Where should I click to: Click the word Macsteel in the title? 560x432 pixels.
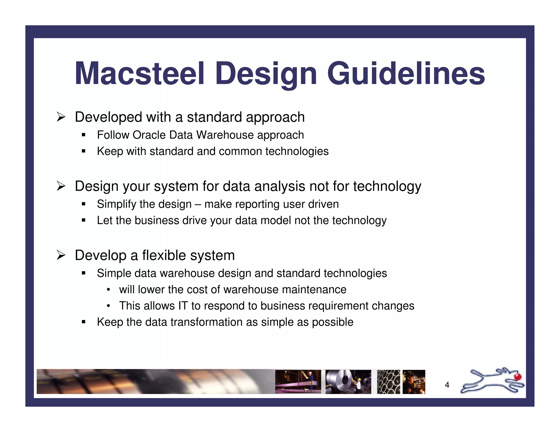pyautogui.click(x=139, y=74)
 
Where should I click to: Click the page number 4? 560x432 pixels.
pyautogui.click(x=447, y=385)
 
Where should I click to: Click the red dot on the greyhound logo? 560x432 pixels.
pyautogui.click(x=518, y=377)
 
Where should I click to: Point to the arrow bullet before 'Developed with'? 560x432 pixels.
pyautogui.click(x=61, y=117)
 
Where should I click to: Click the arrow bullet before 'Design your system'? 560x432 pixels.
pyautogui.click(x=61, y=186)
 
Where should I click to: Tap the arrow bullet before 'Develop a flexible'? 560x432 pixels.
pyautogui.click(x=61, y=255)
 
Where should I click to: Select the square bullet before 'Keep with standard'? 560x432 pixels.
pyautogui.click(x=84, y=151)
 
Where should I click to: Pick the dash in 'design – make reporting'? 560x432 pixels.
pyautogui.click(x=198, y=204)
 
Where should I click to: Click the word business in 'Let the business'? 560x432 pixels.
pyautogui.click(x=157, y=220)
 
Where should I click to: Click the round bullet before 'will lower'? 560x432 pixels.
pyautogui.click(x=109, y=290)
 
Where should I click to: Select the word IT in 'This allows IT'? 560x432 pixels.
pyautogui.click(x=183, y=306)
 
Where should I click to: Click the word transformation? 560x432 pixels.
pyautogui.click(x=206, y=322)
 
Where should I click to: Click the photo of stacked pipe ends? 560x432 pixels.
pyautogui.click(x=388, y=382)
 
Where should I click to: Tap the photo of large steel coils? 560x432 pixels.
pyautogui.click(x=348, y=382)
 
